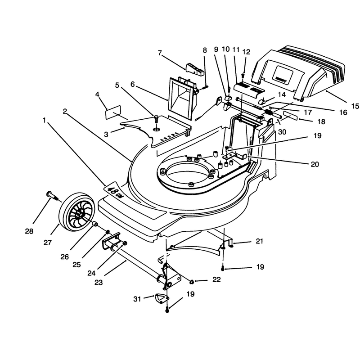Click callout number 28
point(29,231)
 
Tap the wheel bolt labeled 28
point(53,196)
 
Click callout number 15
point(355,106)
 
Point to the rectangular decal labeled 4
point(113,112)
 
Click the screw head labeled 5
point(156,119)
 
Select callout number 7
point(160,53)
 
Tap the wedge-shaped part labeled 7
point(195,69)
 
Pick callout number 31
point(137,299)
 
